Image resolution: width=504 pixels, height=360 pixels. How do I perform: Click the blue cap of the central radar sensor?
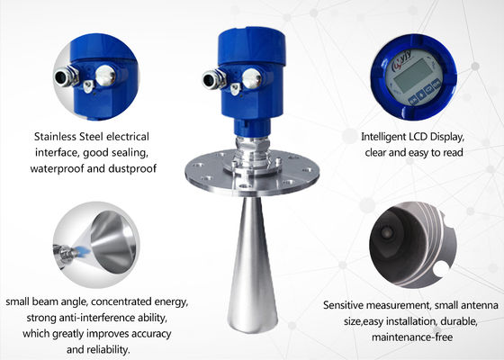pyautogui.click(x=252, y=46)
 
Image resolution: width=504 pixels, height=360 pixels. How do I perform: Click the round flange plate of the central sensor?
pyautogui.click(x=252, y=173)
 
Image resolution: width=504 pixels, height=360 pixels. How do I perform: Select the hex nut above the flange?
pyautogui.click(x=252, y=144)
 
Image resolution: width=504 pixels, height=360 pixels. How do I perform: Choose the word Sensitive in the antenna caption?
pyautogui.click(x=343, y=305)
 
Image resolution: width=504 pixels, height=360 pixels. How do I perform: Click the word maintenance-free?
pyautogui.click(x=412, y=337)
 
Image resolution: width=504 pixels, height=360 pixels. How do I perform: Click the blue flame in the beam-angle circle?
pyautogui.click(x=83, y=250)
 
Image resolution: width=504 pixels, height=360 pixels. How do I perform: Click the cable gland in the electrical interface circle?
pyautogui.click(x=66, y=76)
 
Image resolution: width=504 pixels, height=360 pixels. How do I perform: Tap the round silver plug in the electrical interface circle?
pyautogui.click(x=105, y=76)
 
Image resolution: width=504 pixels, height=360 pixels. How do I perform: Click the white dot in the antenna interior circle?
pyautogui.click(x=441, y=269)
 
